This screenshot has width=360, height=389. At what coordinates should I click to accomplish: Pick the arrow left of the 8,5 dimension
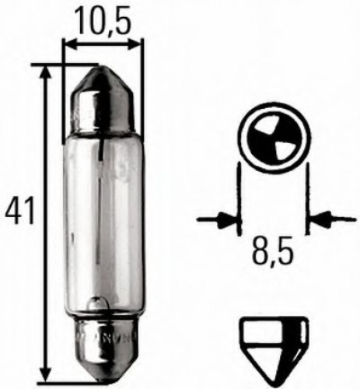[x=225, y=219]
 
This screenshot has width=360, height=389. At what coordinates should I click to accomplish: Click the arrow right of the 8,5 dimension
[x=321, y=219]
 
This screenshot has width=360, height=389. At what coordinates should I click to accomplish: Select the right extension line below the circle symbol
[x=307, y=198]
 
